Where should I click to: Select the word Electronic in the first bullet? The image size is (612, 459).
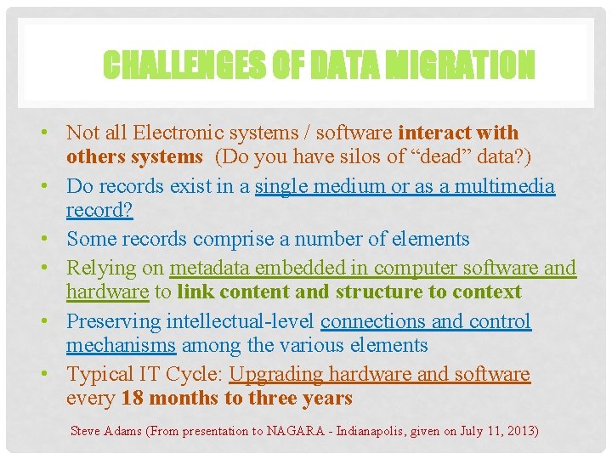(163, 133)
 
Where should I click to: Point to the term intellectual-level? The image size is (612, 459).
(241, 321)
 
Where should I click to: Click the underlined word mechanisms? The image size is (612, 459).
(121, 345)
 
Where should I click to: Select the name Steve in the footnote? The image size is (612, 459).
(85, 431)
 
